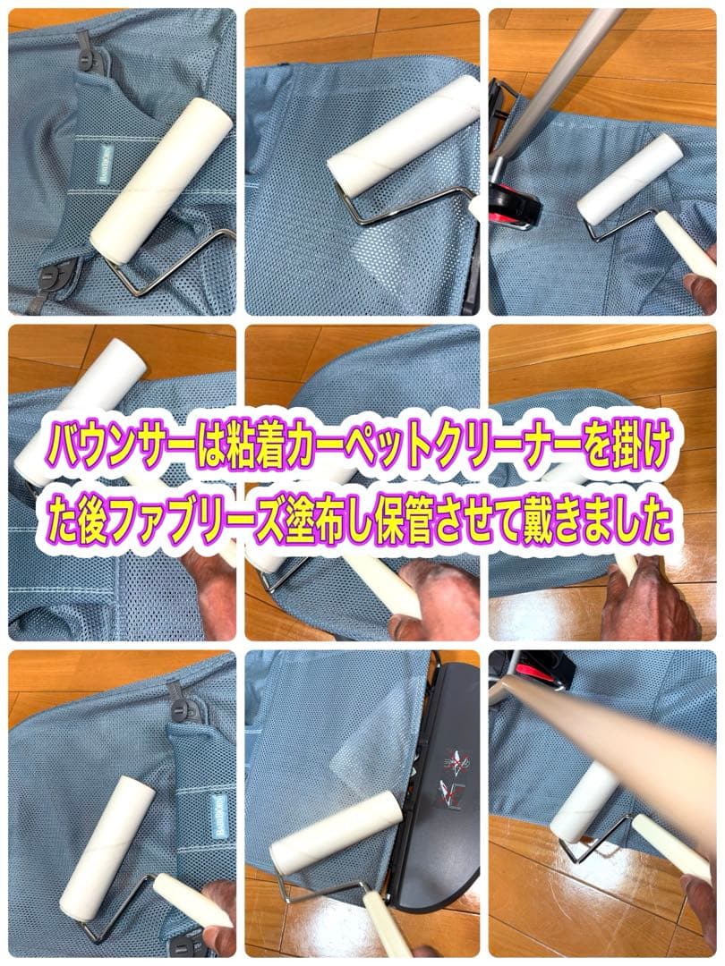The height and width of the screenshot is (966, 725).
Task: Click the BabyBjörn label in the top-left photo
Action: coord(105,165)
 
